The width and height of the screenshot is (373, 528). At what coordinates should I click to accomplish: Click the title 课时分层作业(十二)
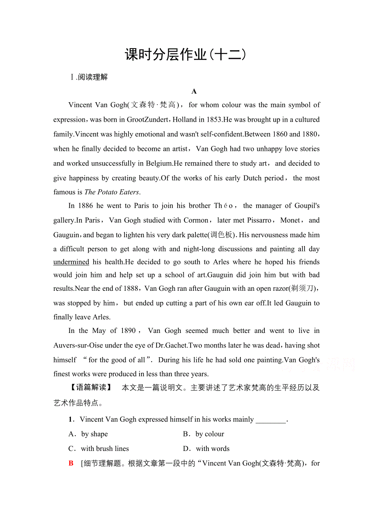click(186, 55)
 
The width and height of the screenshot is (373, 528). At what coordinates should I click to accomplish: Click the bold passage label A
click(194, 91)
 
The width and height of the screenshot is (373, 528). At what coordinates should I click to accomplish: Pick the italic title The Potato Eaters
click(111, 192)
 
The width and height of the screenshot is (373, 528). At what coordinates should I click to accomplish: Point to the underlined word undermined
click(71, 262)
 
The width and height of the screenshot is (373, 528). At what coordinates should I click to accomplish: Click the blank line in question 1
click(271, 419)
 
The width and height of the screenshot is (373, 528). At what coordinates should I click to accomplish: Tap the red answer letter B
click(71, 463)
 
